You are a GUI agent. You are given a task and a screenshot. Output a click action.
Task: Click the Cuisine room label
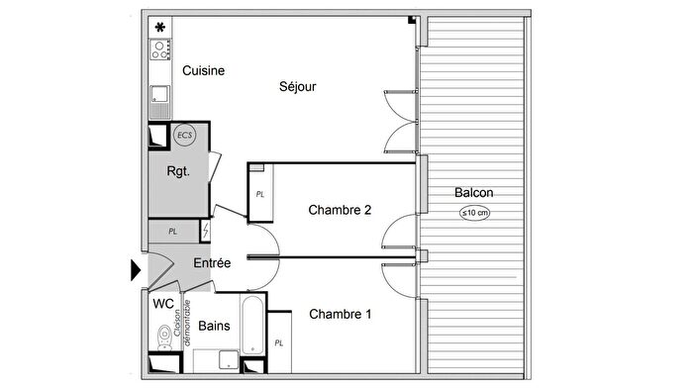(x=203, y=71)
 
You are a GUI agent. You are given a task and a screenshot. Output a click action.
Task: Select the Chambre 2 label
(x=340, y=210)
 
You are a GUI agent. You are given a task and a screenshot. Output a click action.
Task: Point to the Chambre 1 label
(x=340, y=315)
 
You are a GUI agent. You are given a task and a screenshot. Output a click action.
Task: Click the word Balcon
(x=474, y=193)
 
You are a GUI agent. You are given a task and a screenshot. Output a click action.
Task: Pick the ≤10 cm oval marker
(x=474, y=213)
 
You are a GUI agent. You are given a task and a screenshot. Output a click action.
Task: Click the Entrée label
(x=212, y=263)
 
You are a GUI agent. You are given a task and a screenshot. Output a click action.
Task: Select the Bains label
(x=215, y=325)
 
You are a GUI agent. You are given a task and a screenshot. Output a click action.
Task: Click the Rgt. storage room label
(x=177, y=170)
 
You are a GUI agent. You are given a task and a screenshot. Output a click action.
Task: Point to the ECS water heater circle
(x=184, y=134)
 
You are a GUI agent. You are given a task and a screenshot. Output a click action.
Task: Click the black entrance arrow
(x=137, y=269)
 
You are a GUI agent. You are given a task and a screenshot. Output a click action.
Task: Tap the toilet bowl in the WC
(x=163, y=342)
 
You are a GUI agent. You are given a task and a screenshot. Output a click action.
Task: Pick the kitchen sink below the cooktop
(x=158, y=96)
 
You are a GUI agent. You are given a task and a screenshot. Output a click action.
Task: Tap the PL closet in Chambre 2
(x=260, y=195)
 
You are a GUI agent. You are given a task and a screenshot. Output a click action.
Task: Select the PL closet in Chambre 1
(x=279, y=342)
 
